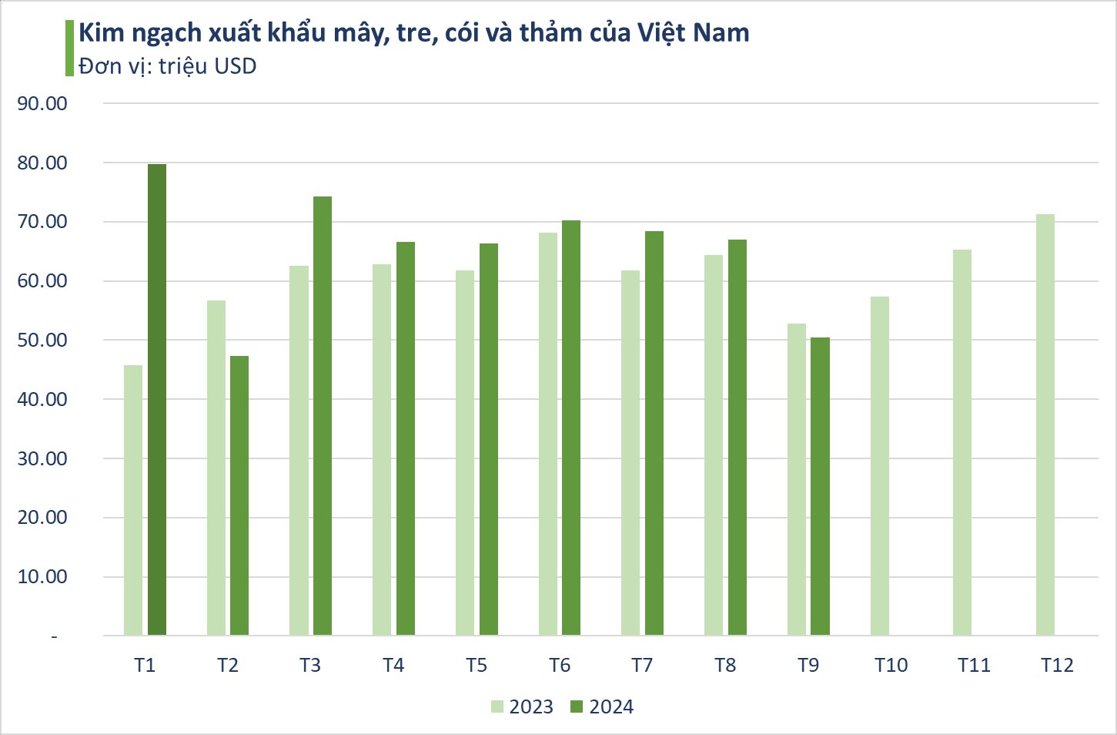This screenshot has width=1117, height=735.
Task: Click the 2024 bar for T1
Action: coord(157,400)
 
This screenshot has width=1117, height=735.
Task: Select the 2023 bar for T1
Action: coord(133,500)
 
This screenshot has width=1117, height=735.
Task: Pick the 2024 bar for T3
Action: coord(323,416)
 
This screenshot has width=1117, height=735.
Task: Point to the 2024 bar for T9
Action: coord(821,486)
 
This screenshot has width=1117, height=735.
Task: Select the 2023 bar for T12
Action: coord(1045,425)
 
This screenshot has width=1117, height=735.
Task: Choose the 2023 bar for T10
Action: coord(880,466)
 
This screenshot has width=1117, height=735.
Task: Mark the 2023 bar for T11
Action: coord(962,442)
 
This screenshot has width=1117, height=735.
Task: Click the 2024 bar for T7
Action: coord(654,433)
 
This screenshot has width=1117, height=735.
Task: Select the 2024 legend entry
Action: coord(602,707)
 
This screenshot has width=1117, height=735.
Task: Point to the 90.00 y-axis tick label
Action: coord(42,103)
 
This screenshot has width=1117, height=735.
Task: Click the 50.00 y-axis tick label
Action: coord(42,341)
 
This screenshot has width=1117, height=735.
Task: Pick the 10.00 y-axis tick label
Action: coord(42,577)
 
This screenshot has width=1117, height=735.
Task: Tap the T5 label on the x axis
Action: coord(477,666)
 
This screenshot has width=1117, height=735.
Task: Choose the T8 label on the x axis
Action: coord(725,666)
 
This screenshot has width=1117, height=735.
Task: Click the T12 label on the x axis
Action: coord(1057,666)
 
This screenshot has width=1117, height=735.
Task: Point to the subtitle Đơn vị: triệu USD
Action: coord(167,66)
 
